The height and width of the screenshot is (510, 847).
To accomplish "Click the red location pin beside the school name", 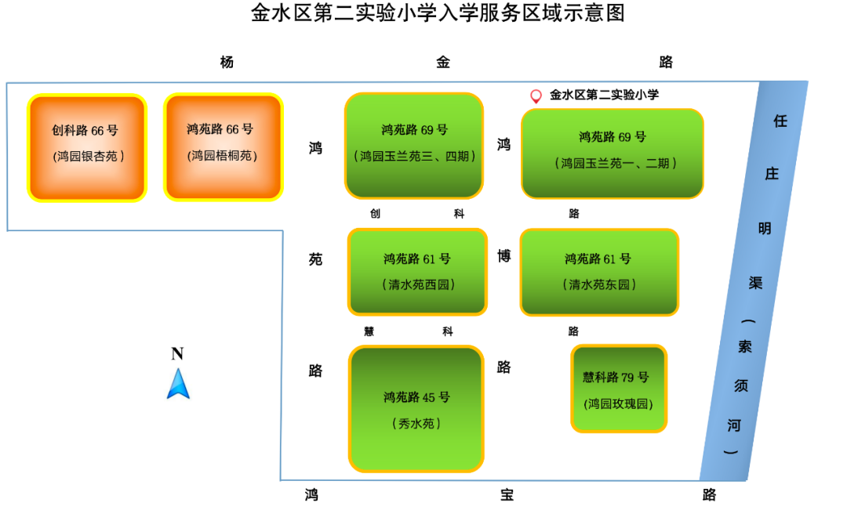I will pyautogui.click(x=536, y=96).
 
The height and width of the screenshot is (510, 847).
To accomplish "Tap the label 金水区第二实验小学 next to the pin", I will pyautogui.click(x=604, y=95).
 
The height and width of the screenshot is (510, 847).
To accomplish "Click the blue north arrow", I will pyautogui.click(x=178, y=384).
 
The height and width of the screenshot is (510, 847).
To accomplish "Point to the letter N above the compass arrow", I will pyautogui.click(x=177, y=354).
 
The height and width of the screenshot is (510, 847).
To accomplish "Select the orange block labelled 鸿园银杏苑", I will pyautogui.click(x=87, y=148).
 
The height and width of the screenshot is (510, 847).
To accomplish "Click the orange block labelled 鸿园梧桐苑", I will pyautogui.click(x=223, y=147).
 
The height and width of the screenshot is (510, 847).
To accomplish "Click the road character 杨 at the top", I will pyautogui.click(x=227, y=62).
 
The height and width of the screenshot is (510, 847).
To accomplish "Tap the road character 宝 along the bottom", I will pyautogui.click(x=507, y=494).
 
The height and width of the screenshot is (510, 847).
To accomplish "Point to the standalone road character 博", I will pyautogui.click(x=503, y=255).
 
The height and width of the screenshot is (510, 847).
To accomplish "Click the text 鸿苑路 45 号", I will pyautogui.click(x=416, y=397).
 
